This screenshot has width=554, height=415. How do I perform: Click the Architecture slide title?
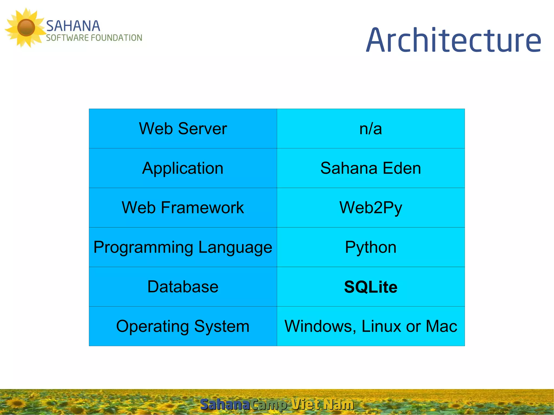[x=454, y=41]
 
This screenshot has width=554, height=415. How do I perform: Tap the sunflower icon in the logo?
[x=26, y=28]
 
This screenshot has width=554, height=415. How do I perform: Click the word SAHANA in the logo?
[x=73, y=26]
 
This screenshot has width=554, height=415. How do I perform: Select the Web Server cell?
[x=183, y=128]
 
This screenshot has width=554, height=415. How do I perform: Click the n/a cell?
[x=371, y=129]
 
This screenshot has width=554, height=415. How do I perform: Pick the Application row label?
[x=183, y=168]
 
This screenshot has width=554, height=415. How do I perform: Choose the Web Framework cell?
[x=183, y=208]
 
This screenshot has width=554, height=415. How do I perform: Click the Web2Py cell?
[x=371, y=208]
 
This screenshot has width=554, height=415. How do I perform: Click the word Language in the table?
[x=235, y=247]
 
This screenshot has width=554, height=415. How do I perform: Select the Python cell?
[x=371, y=247]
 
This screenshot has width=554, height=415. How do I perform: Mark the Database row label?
[x=183, y=287]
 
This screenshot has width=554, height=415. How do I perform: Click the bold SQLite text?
[x=371, y=287]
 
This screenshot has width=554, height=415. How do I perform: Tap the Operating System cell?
[x=183, y=326]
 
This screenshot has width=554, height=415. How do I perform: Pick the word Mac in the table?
[x=441, y=326]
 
